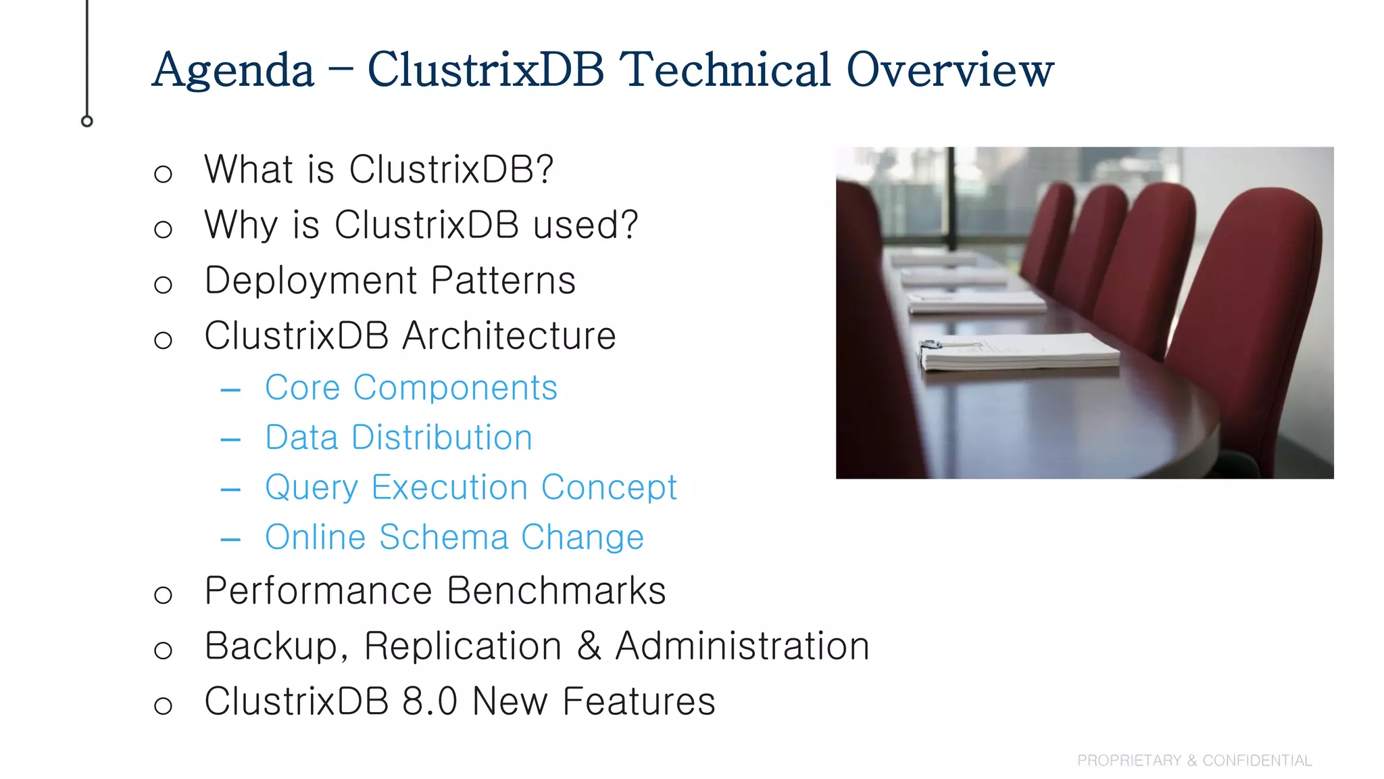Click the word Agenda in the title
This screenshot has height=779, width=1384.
(233, 70)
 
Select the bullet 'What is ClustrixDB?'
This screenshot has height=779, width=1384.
(378, 169)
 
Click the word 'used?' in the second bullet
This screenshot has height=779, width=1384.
(585, 225)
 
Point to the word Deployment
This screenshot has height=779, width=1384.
(311, 281)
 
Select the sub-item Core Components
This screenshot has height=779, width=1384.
(411, 388)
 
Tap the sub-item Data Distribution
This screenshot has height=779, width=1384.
(399, 438)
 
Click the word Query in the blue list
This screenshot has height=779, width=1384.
(312, 488)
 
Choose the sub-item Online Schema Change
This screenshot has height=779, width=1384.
(454, 538)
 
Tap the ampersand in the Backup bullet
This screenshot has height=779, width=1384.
(589, 646)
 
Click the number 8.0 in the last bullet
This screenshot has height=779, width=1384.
(430, 701)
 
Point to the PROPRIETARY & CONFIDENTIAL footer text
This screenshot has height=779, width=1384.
(1194, 761)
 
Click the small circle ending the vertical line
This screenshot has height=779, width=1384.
(87, 121)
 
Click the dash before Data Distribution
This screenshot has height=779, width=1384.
(230, 440)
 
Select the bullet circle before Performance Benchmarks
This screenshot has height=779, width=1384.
(163, 595)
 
